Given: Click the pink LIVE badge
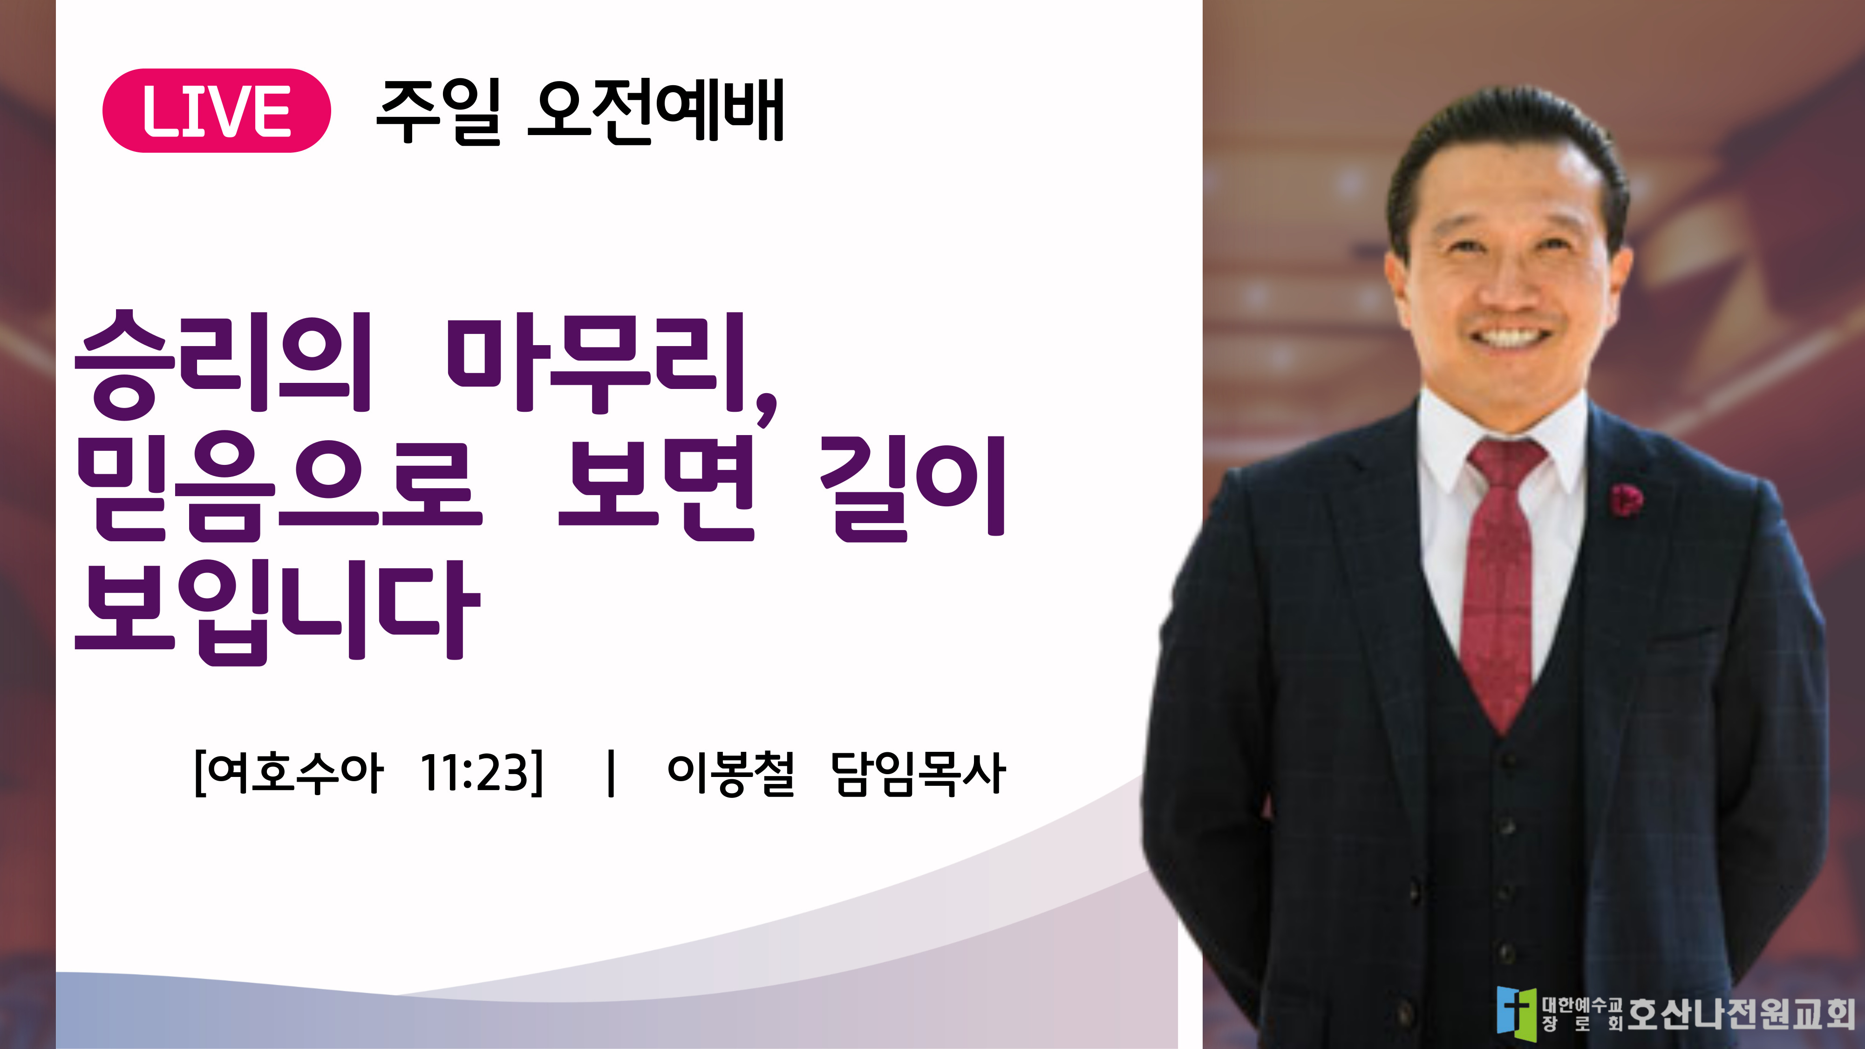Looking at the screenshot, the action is (x=217, y=111).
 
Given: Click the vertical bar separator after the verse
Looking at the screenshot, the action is (x=612, y=773).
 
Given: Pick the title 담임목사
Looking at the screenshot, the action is (x=918, y=773).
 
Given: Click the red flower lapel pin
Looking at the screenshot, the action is (x=1626, y=499).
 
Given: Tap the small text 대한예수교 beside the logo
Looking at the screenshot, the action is (x=1582, y=1005).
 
